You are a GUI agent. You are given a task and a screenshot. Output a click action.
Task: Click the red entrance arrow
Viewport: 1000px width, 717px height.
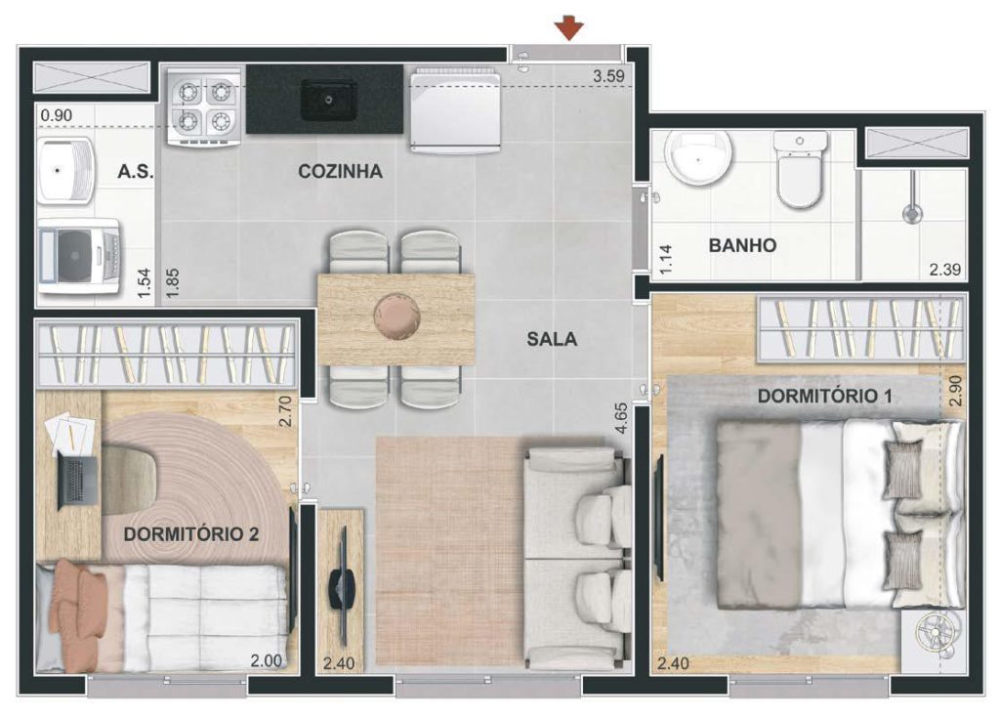pos(569,28)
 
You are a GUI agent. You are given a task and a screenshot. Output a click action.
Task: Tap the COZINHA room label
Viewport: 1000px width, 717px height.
pos(341,171)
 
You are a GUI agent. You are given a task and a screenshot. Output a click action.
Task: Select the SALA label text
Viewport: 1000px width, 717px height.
pos(552,339)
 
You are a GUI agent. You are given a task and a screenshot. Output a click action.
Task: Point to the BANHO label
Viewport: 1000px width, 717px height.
pos(742,245)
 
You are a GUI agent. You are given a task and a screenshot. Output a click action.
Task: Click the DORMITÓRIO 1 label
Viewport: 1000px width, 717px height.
pos(824,396)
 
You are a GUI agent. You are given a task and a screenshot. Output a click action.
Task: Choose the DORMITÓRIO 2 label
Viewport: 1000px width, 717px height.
pos(191,533)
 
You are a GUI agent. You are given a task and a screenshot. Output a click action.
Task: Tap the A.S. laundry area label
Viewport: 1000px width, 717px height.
pos(135,171)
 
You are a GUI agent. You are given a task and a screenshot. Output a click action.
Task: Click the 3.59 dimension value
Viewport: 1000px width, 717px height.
pos(608,76)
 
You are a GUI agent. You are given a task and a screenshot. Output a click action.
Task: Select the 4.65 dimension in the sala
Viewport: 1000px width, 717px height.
pos(620,418)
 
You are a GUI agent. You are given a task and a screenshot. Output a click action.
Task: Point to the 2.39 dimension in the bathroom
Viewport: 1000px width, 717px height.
pos(944,270)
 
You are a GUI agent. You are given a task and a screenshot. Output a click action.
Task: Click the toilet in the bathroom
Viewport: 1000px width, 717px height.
pos(800,170)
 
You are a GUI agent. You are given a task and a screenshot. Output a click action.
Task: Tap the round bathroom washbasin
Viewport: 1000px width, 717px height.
pos(698,157)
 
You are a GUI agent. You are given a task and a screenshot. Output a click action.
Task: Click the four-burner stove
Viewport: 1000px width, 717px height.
pos(204,106)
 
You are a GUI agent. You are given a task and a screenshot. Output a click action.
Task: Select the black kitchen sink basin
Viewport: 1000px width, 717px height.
pos(328,100)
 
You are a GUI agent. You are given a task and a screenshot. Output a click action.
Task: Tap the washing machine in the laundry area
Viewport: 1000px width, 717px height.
pos(79,257)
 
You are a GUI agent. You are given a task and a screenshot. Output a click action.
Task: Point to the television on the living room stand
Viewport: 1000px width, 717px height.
pos(339,585)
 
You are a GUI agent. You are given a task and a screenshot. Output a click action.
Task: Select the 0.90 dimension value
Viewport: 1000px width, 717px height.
pos(56,115)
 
